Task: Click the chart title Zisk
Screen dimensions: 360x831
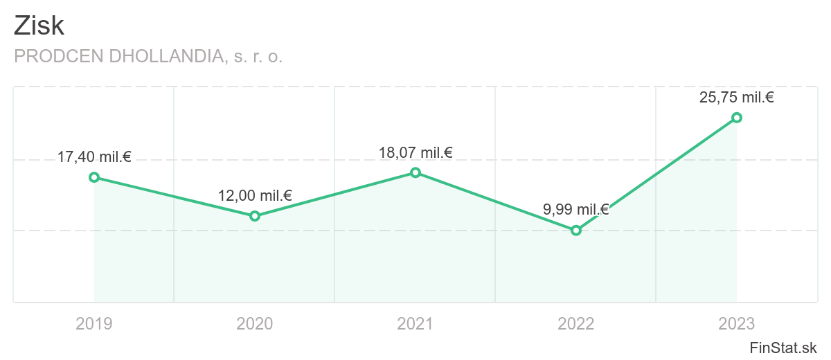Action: tap(39, 26)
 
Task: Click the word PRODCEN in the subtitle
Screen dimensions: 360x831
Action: tap(53, 57)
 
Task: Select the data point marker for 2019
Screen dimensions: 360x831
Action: tap(94, 177)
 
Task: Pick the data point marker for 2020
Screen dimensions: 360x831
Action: tap(255, 216)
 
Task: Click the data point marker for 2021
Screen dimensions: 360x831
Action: tap(415, 172)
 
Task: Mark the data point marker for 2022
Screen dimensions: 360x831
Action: tap(576, 231)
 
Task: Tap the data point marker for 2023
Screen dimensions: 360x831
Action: tap(737, 118)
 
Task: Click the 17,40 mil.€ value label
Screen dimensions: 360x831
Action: tap(94, 157)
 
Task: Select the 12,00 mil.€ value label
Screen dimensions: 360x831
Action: tap(255, 196)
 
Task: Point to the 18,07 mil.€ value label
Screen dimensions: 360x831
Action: tap(415, 152)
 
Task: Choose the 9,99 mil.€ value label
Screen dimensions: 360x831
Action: tap(576, 210)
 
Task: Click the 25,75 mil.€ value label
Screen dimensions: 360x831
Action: tap(737, 98)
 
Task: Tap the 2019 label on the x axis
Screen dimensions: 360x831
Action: tap(94, 323)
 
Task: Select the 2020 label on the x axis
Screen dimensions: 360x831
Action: tap(255, 323)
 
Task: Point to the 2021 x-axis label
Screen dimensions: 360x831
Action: tap(415, 323)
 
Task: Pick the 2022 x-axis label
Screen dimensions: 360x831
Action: tap(576, 323)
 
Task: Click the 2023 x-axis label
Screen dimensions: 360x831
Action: tap(737, 323)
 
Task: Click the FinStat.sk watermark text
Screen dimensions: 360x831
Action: tap(784, 348)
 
